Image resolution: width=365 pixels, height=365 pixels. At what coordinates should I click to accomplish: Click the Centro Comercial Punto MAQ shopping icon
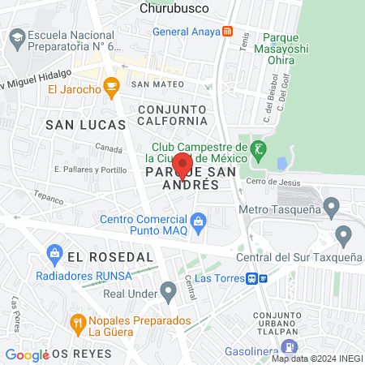[198, 220]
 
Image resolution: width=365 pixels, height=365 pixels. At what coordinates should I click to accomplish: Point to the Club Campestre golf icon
[259, 149]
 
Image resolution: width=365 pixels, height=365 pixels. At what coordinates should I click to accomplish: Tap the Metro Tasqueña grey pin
[331, 206]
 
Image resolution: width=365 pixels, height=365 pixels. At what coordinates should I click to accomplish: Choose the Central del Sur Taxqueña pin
[343, 236]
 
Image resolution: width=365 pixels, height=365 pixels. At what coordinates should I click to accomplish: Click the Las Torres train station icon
[254, 277]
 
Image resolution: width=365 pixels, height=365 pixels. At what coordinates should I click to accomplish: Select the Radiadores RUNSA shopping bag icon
[55, 253]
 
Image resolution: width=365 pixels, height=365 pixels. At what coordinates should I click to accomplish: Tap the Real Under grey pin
[168, 290]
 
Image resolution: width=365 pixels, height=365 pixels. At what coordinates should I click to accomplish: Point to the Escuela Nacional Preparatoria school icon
[15, 37]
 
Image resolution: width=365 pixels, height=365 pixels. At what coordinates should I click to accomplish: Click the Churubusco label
[174, 8]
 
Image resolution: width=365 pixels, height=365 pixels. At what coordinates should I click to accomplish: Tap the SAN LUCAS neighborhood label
[85, 124]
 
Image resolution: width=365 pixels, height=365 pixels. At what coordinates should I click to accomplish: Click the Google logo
[26, 354]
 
